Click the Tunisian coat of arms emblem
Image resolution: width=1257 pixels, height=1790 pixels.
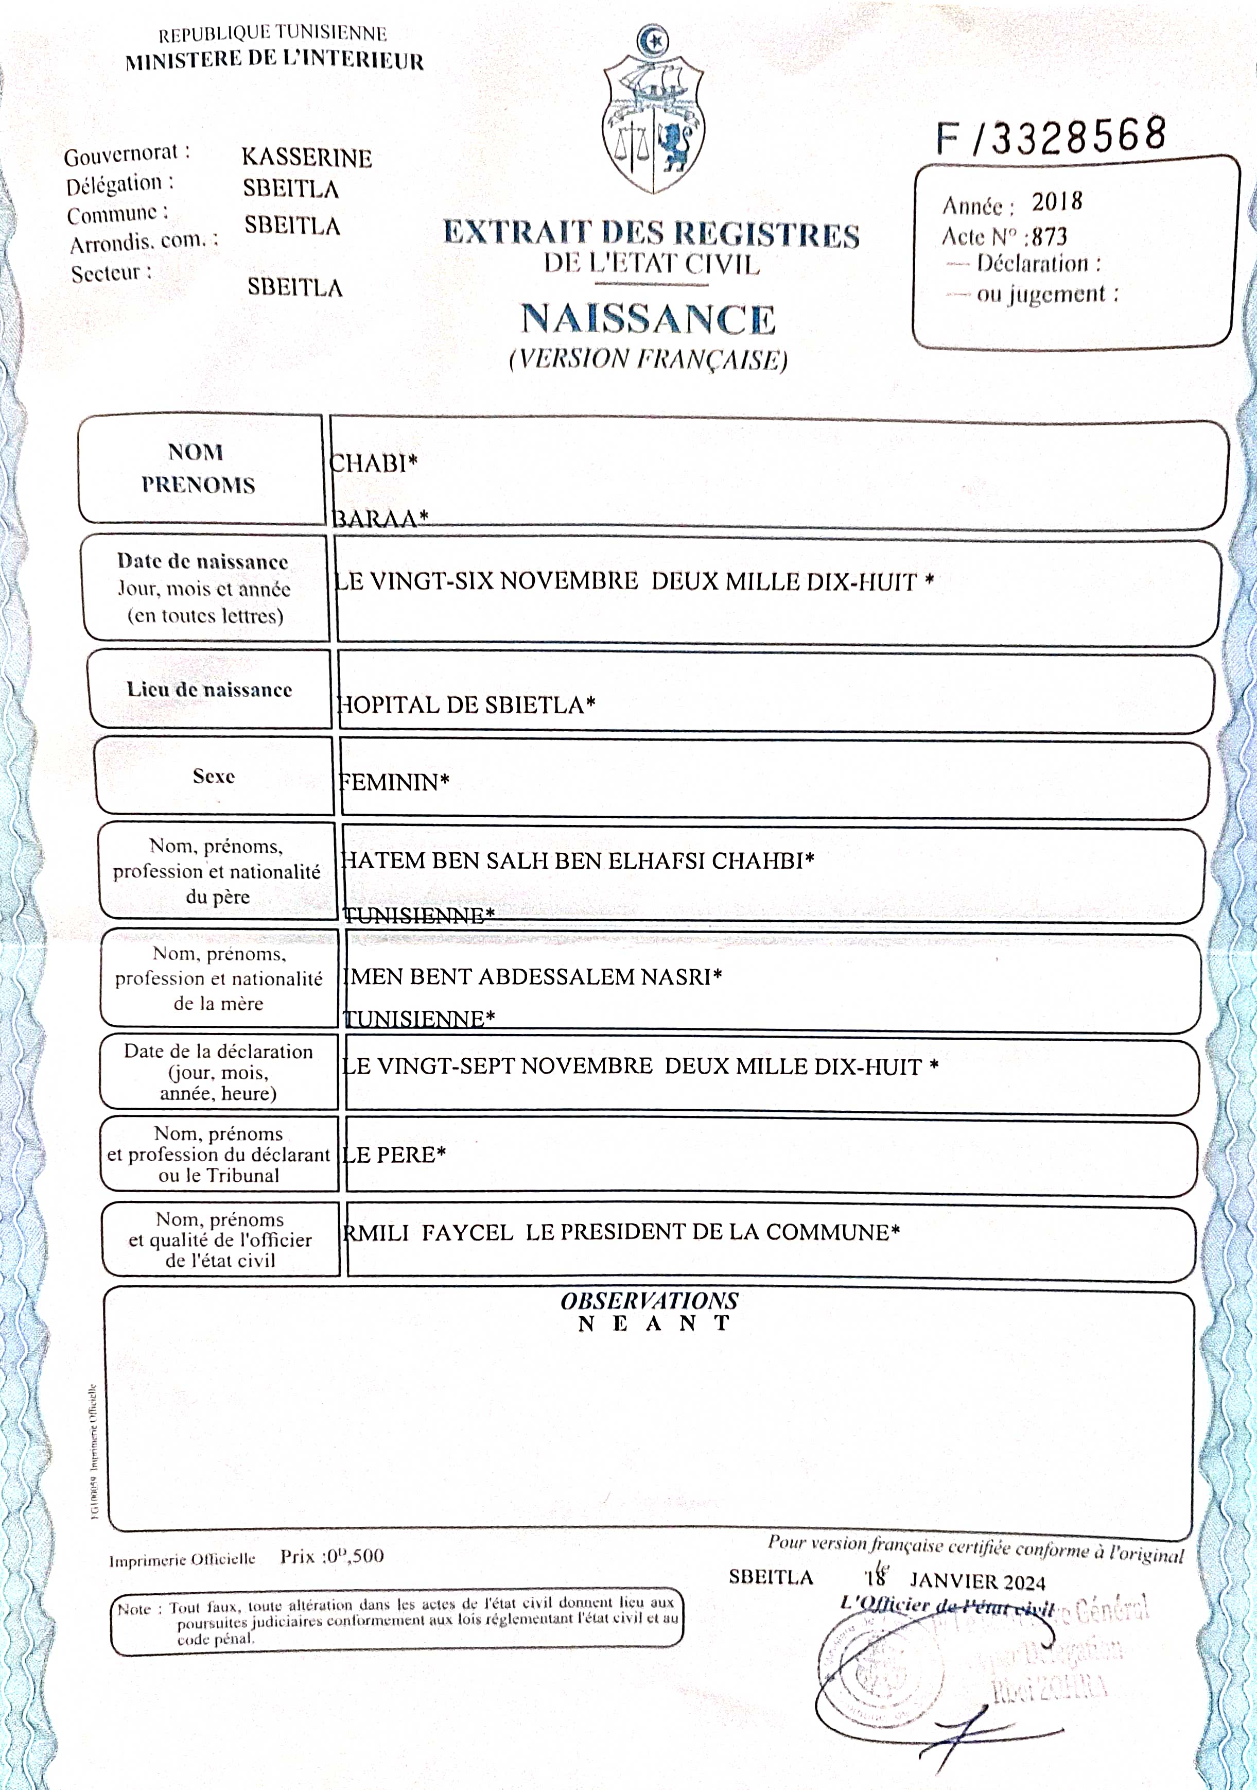tap(653, 113)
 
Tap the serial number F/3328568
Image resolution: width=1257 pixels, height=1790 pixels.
tap(1051, 137)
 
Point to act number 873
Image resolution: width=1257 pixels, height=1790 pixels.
tap(1049, 236)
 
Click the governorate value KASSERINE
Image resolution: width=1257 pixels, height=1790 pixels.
tap(306, 158)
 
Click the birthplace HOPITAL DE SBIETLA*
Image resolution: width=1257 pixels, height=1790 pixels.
tap(466, 705)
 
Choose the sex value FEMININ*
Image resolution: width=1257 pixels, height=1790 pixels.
tap(394, 782)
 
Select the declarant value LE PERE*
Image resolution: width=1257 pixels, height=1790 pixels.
tap(394, 1155)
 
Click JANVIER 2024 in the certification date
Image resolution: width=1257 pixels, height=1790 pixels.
tap(976, 1581)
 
